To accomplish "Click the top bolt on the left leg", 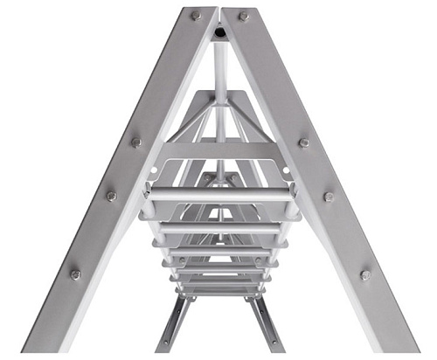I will coord(196,16).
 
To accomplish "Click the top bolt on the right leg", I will coord(244,16).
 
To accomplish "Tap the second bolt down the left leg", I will coord(136,142).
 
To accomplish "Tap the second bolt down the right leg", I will coord(304,142).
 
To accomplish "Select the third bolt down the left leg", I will coord(111,197).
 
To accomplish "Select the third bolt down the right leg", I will coord(329,197).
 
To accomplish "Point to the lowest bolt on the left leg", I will coord(75,274).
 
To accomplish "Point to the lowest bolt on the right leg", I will coord(365,274).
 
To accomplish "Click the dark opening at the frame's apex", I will coord(219,32).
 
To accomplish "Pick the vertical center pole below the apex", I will coord(219,70).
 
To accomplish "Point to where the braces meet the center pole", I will coord(219,103).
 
